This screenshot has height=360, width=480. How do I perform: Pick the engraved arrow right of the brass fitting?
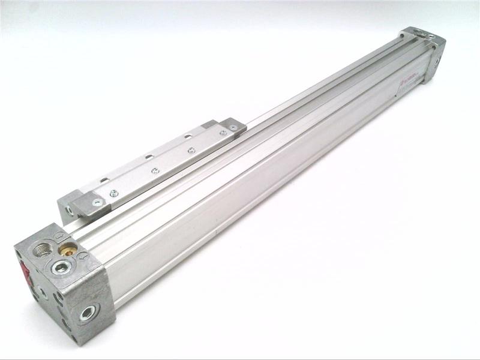click(x=83, y=256)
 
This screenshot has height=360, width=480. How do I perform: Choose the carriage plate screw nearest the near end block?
click(x=114, y=193)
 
